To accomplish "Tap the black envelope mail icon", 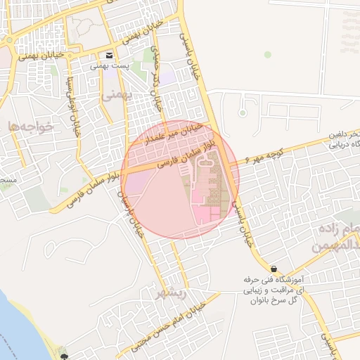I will (x=109, y=55).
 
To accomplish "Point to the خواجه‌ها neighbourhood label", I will (x=29, y=126).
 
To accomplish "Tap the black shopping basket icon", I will (x=274, y=269).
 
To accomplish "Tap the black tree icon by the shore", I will (x=64, y=349).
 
